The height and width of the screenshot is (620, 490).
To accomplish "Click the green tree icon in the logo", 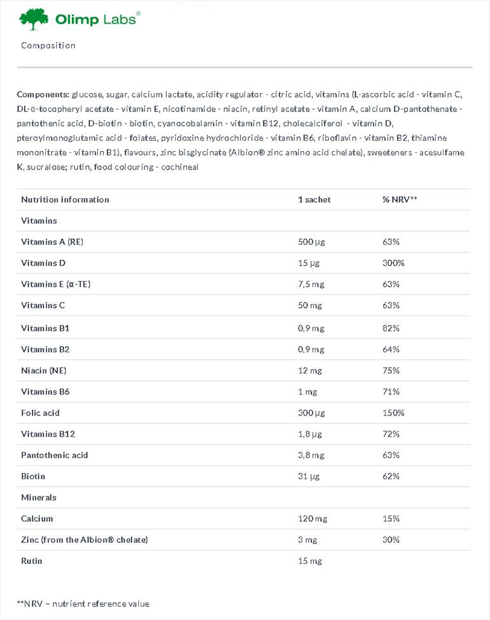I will pyautogui.click(x=34, y=19).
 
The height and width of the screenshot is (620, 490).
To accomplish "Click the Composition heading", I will pyautogui.click(x=48, y=45).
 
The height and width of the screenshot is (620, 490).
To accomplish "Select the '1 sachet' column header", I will pyautogui.click(x=314, y=199).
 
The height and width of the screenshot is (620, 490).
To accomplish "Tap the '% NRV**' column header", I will pyautogui.click(x=400, y=199).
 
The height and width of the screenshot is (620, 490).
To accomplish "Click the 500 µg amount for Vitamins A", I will pyautogui.click(x=312, y=242).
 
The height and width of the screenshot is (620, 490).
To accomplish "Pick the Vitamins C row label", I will pyautogui.click(x=43, y=305).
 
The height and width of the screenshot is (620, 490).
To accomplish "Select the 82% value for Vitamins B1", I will pyautogui.click(x=391, y=328).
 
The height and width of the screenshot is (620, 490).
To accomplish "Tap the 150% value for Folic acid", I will pyautogui.click(x=393, y=413).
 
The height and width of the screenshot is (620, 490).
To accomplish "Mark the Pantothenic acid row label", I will pyautogui.click(x=55, y=455).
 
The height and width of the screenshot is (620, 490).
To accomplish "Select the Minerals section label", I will pyautogui.click(x=39, y=498).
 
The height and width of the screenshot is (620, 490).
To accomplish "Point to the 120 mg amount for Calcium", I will pyautogui.click(x=312, y=519).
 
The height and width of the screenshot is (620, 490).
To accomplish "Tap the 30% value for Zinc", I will pyautogui.click(x=391, y=540).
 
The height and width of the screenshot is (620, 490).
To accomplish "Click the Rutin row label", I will pyautogui.click(x=32, y=561).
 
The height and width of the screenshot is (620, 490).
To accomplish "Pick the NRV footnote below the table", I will pyautogui.click(x=83, y=603).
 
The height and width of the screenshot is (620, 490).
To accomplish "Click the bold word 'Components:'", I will pyautogui.click(x=43, y=94).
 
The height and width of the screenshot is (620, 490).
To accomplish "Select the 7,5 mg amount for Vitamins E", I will pyautogui.click(x=311, y=284).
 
